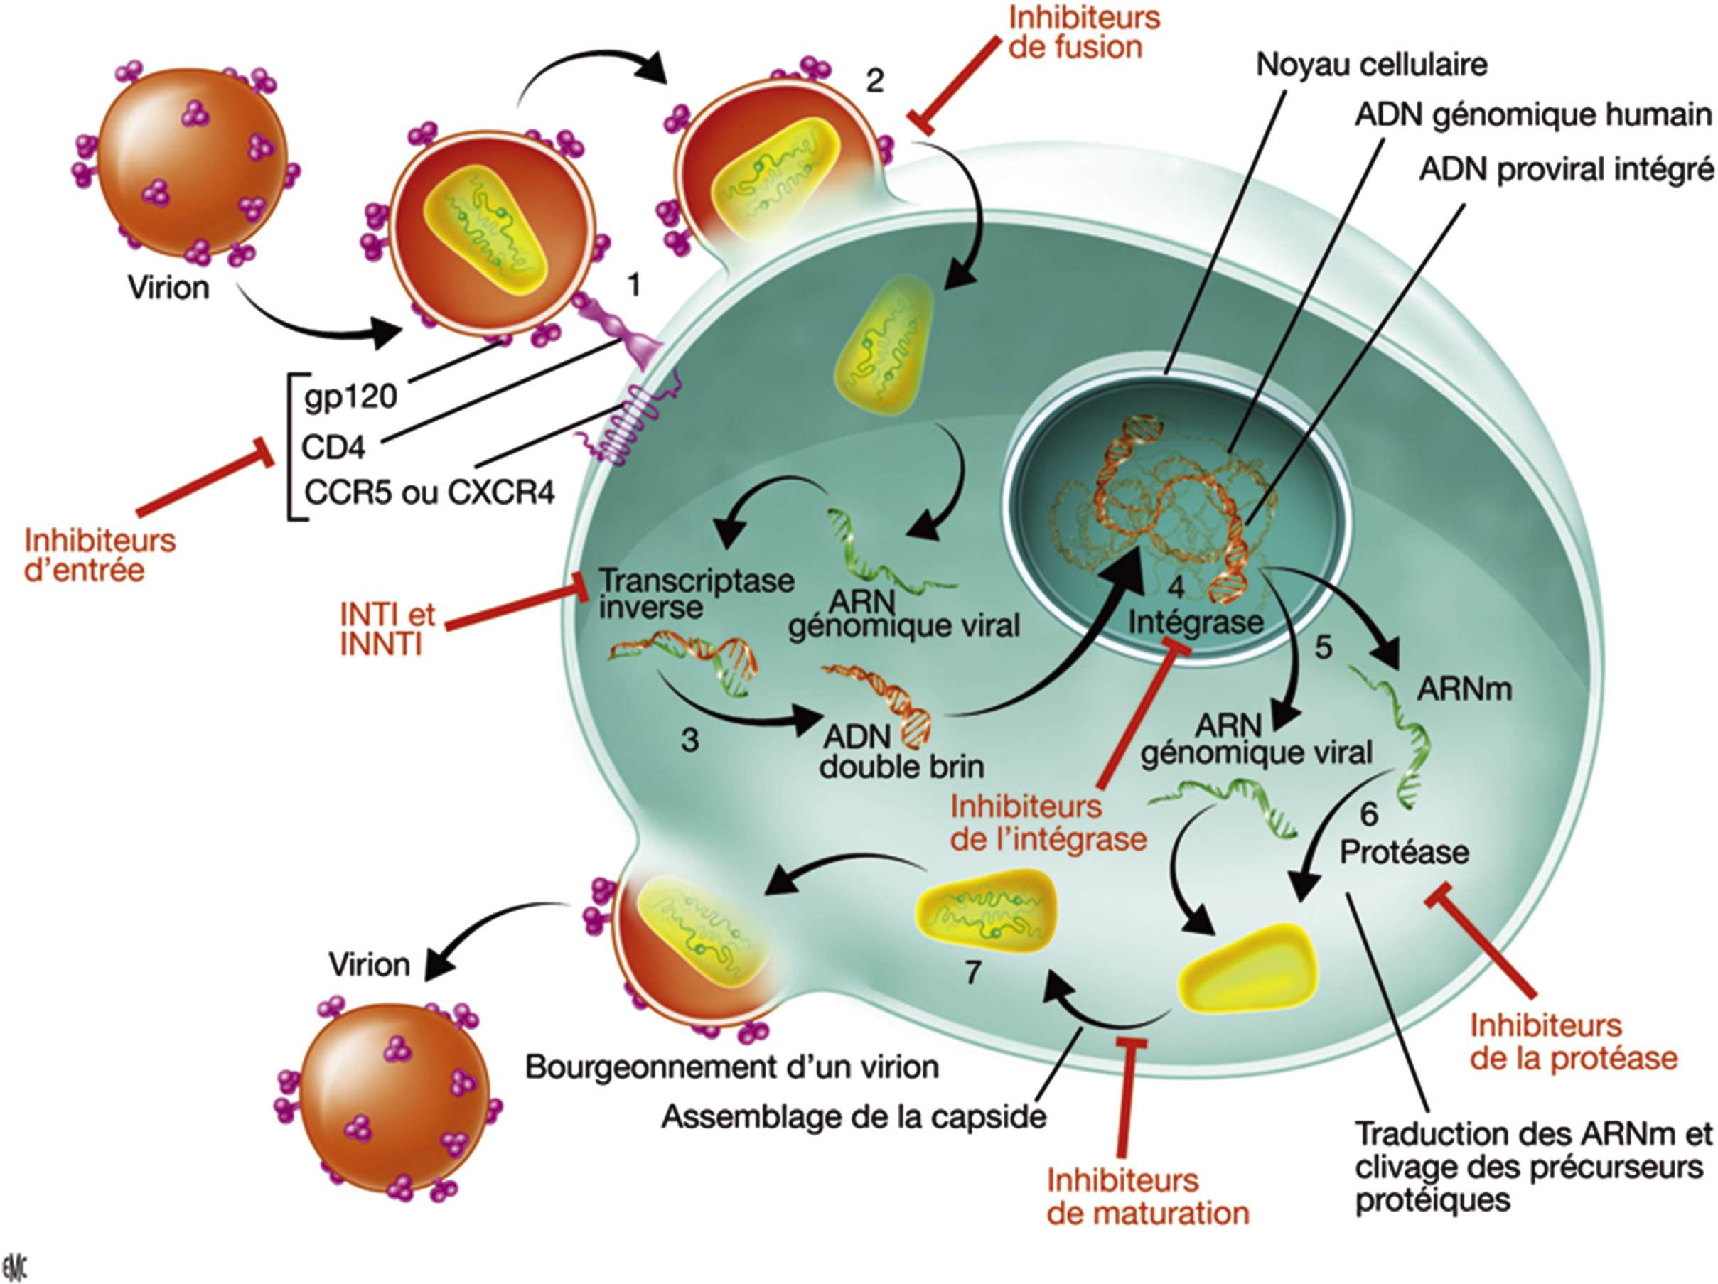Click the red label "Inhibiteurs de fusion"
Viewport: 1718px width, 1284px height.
[x=1084, y=33]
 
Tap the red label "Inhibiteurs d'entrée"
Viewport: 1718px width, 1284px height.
[x=100, y=555]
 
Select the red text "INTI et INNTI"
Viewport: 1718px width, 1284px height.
[x=387, y=630]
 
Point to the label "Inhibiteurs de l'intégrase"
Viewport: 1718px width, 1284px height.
[x=1048, y=823]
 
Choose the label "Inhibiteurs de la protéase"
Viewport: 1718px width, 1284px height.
[x=1574, y=1042]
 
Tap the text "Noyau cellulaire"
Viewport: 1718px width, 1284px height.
[x=1373, y=65]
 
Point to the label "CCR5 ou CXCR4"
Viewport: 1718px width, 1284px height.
[x=429, y=492]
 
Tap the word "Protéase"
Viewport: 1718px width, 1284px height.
[x=1405, y=853]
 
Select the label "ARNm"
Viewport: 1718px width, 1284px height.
[x=1465, y=689]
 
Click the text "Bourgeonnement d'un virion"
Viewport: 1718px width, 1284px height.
[x=732, y=1067]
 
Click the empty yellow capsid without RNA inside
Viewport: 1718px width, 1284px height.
[x=1249, y=967]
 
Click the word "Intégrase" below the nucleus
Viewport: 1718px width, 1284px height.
[x=1196, y=622]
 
